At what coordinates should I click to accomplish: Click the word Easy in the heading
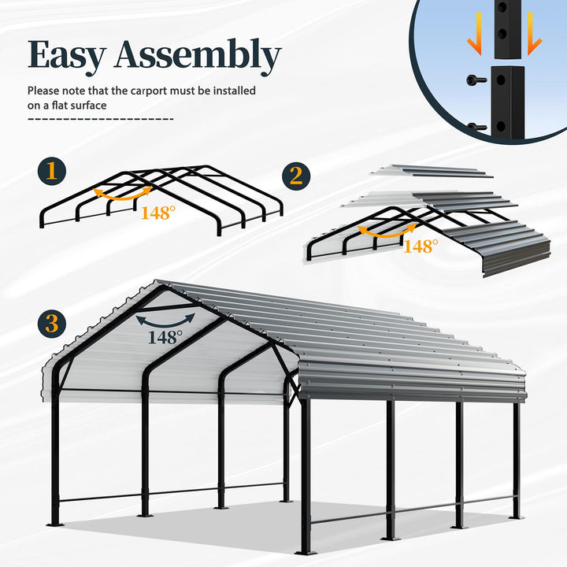click(67, 56)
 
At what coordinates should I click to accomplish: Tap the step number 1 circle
click(52, 171)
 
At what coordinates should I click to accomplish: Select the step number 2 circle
click(296, 176)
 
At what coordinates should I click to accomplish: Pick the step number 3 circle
click(52, 324)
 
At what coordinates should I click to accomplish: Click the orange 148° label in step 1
click(158, 213)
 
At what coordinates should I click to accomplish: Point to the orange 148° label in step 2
click(421, 246)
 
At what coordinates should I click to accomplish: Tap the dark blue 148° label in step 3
click(165, 337)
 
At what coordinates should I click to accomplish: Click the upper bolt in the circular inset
click(476, 80)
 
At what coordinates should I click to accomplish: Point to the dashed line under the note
click(101, 119)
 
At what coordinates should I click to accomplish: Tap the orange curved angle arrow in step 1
click(123, 194)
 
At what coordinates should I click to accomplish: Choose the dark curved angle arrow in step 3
click(165, 321)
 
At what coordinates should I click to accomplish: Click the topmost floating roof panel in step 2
click(432, 171)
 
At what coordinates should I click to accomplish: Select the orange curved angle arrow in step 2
click(387, 230)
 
